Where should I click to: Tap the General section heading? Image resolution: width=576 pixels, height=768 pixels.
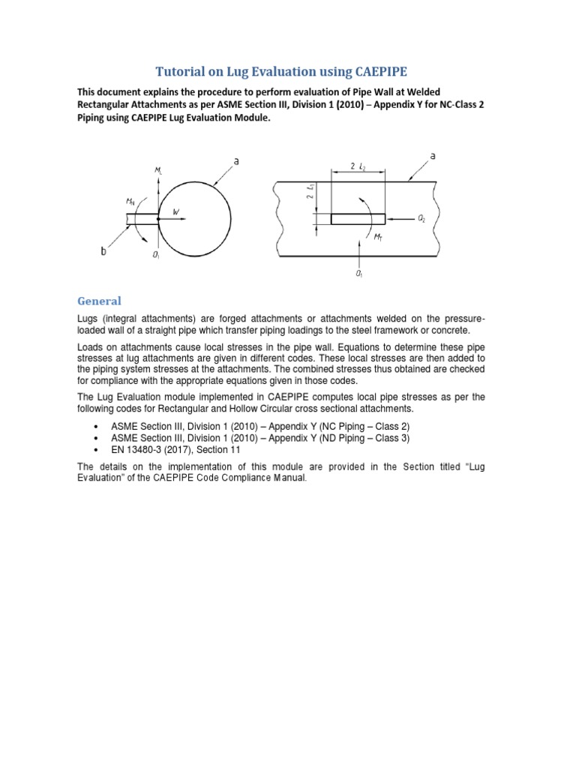tap(99, 301)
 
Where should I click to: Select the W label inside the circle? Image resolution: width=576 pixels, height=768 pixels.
tap(176, 212)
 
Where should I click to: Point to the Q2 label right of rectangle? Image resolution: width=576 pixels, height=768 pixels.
tap(421, 219)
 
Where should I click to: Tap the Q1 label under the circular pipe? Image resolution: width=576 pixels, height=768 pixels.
tap(155, 256)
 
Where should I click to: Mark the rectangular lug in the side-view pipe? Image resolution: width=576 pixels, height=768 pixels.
tap(358, 219)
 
